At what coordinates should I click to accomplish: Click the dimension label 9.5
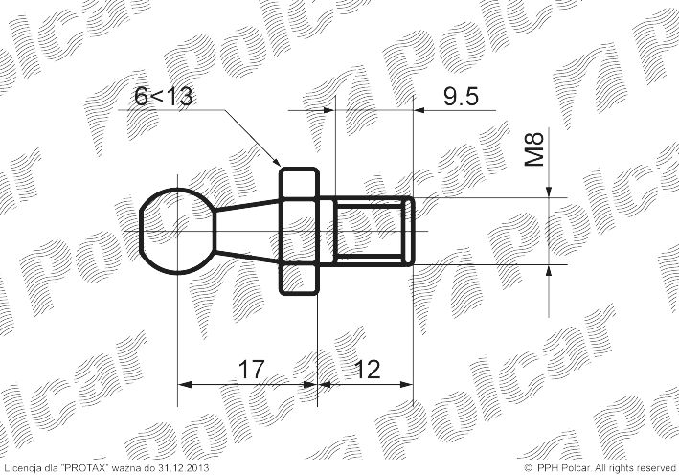461,97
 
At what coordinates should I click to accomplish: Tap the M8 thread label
534,149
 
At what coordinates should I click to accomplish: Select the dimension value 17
251,370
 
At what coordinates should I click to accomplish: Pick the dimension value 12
367,370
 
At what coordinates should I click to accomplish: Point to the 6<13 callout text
163,96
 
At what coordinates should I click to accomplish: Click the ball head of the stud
177,232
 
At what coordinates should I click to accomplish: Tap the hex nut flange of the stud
299,232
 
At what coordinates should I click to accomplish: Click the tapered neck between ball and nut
247,231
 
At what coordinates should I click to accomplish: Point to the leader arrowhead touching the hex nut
276,160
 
